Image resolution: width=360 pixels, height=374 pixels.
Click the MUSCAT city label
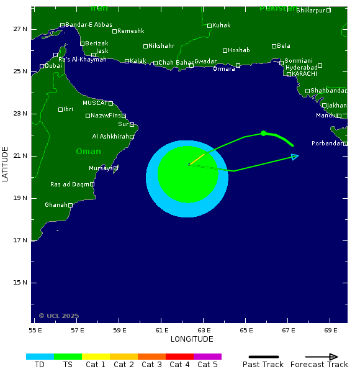tap(95, 103)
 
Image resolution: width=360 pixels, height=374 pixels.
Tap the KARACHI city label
tap(304, 74)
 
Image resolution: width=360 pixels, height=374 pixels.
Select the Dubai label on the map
tap(53, 66)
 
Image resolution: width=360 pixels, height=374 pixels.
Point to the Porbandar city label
tap(326, 144)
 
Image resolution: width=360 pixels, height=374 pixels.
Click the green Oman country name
tap(88, 152)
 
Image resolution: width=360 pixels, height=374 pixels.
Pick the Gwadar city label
tap(205, 62)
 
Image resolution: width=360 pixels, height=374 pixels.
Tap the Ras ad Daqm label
tap(70, 185)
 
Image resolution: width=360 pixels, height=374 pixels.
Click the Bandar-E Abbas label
tap(89, 25)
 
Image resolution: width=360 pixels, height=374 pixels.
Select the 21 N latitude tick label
tap(21, 156)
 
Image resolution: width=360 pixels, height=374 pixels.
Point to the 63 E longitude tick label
tap(204, 330)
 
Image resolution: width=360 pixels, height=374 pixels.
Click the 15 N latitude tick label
tap(21, 283)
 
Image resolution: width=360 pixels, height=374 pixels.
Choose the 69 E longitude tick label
tap(331, 330)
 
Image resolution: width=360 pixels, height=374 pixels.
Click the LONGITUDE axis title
tap(192, 339)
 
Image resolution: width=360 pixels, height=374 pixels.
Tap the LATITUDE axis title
tap(6, 164)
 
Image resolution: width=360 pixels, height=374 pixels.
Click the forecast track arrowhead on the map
tap(295, 156)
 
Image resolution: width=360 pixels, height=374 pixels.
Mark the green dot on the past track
tap(264, 133)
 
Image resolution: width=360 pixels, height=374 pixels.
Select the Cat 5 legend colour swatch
tap(207, 357)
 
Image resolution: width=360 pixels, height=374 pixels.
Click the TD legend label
tap(40, 365)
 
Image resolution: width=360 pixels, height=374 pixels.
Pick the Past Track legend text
tap(263, 365)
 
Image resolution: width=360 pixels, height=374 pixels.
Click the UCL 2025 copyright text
tap(59, 316)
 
